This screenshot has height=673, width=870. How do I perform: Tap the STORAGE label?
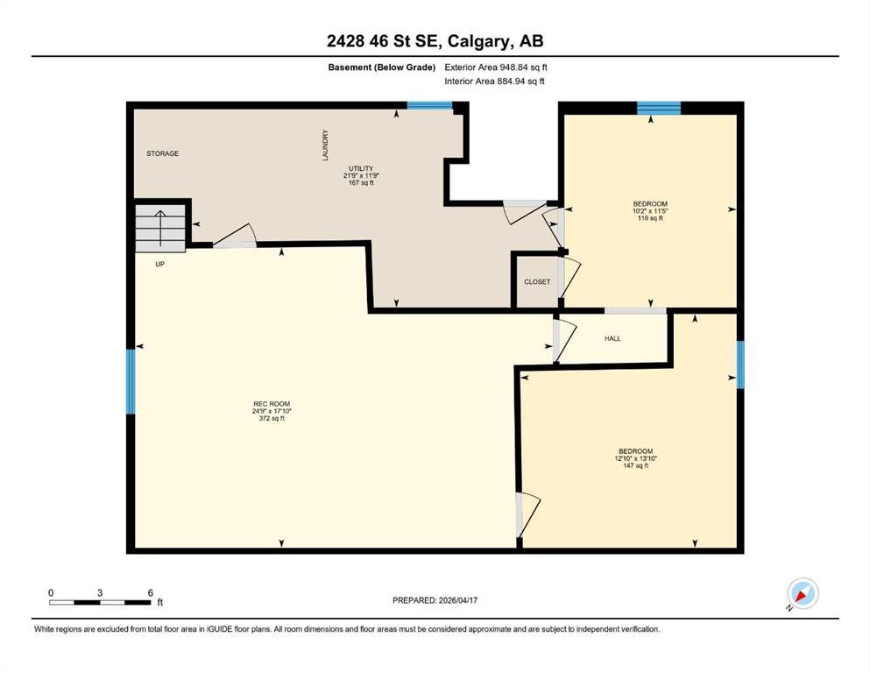[x=163, y=153]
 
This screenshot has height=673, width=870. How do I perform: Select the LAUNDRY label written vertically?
[x=325, y=145]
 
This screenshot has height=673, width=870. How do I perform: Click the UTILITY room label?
[x=361, y=168]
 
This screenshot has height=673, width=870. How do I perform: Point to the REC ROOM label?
[x=272, y=404]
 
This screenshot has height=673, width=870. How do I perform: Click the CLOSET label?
[x=537, y=282]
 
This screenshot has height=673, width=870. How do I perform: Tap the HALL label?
[x=612, y=338]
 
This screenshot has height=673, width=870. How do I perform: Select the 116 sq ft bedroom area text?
[x=650, y=218]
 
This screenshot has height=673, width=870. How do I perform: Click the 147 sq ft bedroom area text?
[x=636, y=466]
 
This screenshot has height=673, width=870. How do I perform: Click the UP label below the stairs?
[x=159, y=264]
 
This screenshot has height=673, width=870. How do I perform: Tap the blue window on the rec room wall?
[x=131, y=382]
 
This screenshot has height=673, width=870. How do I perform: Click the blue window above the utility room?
[x=430, y=105]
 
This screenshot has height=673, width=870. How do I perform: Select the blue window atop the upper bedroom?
[x=659, y=108]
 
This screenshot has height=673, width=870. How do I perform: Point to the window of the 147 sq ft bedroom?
[x=740, y=365]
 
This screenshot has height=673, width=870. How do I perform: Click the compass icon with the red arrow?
[x=803, y=593]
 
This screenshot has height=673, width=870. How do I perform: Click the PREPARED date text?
[x=435, y=600]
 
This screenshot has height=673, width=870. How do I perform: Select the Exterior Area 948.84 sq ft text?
[x=496, y=67]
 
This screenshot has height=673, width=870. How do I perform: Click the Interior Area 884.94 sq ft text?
[x=494, y=81]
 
